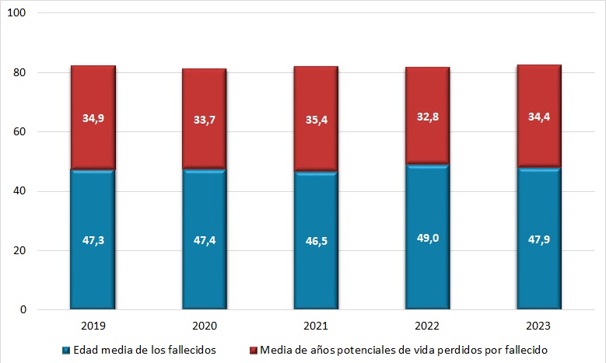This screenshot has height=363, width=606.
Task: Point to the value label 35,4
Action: click(316, 118)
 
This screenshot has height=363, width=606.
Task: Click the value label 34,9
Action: click(93, 118)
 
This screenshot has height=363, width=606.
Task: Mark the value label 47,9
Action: click(539, 240)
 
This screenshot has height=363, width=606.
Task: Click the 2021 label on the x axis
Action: click(316, 326)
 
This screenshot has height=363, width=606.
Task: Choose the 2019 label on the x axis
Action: click(93, 326)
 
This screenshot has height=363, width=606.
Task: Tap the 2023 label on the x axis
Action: click(539, 326)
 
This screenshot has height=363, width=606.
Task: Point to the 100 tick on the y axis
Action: click(19, 14)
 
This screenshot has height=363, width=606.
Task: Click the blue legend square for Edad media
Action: click(66, 351)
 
